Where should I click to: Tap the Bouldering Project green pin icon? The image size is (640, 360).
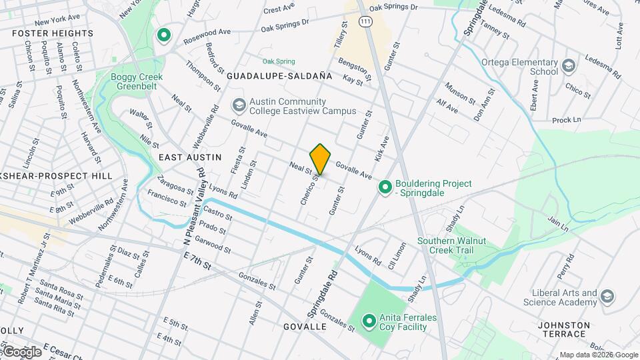(x=385, y=188)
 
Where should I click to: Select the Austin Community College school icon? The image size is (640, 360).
(x=239, y=105)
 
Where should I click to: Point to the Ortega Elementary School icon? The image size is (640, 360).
(x=568, y=66)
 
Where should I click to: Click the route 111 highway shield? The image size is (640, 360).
(x=365, y=22)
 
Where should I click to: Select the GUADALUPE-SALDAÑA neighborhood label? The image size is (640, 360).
(x=279, y=77)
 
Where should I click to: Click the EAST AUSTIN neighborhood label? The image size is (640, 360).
(x=190, y=157)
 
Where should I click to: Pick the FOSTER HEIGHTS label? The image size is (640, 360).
(x=52, y=33)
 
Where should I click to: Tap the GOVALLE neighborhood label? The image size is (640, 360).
(x=305, y=327)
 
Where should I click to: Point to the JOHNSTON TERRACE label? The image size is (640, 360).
(x=564, y=325)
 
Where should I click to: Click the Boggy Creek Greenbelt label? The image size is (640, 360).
(x=137, y=81)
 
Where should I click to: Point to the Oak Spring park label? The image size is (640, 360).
(x=278, y=61)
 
